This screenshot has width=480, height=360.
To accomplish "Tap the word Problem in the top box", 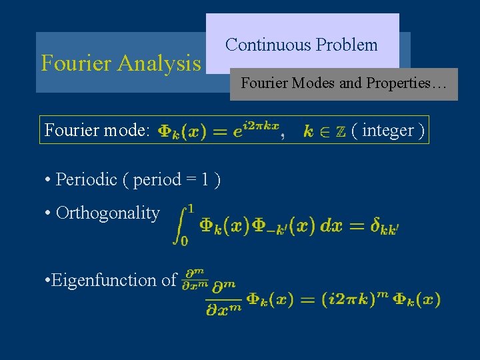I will [347, 45].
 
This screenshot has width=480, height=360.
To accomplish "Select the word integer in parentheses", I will [387, 131].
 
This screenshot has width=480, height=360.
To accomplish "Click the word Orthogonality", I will [108, 213].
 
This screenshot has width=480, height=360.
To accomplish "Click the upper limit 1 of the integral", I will [191, 209].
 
